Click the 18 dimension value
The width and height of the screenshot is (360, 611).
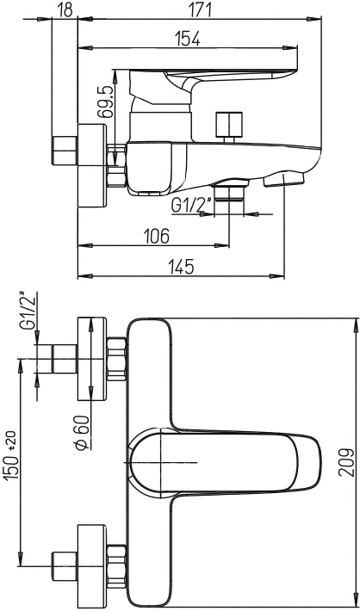[66, 9]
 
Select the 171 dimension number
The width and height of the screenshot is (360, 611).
[199, 9]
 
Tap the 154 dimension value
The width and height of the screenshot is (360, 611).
[187, 39]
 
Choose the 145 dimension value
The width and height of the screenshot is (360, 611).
[181, 267]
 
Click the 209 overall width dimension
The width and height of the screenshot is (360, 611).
[346, 462]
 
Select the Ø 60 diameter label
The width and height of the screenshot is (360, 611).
[83, 433]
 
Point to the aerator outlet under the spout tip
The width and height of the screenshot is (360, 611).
[283, 180]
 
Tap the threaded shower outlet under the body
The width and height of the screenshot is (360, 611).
[229, 191]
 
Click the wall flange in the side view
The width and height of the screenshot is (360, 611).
[92, 165]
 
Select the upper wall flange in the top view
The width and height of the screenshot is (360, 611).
[92, 359]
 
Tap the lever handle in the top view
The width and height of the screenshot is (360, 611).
[225, 462]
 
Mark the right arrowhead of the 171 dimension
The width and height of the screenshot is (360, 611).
[314, 19]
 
